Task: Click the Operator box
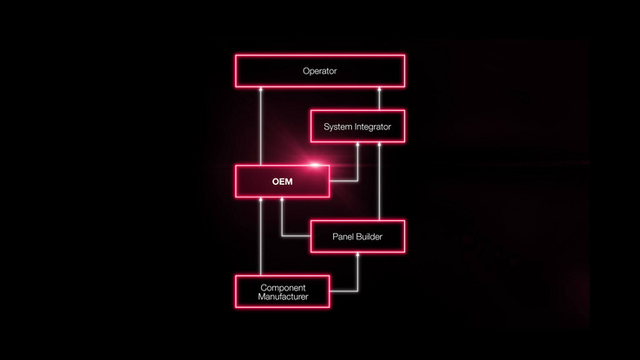coord(320,71)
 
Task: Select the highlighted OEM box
coord(283,181)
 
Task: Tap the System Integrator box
coord(357,126)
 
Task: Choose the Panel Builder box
coord(357,236)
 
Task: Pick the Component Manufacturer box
coord(283,291)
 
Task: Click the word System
coord(334,127)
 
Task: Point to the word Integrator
coord(369,127)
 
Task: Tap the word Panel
coord(343,237)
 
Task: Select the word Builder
coord(369,237)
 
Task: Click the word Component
coord(283,288)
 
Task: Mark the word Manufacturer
coord(283,297)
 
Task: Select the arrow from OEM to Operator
coord(261,126)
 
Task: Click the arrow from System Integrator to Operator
coord(379,98)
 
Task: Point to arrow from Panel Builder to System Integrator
coord(379,181)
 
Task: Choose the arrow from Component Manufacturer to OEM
coord(261,236)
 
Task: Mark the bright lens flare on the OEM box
coord(315,165)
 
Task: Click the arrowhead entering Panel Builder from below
coord(357,255)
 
